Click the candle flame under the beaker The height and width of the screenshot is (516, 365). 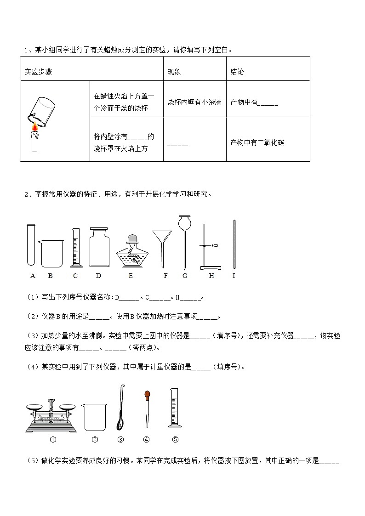pos(34,127)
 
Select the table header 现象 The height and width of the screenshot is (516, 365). pos(174,72)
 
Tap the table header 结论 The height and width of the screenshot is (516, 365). pos(237,72)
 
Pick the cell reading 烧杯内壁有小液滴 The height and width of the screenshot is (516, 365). pos(194,102)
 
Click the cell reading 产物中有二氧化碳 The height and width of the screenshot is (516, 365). pos(257,142)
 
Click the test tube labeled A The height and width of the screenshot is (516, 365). pos(31,244)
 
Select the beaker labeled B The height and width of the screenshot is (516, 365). pos(50,253)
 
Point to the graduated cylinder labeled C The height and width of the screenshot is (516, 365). pos(76,248)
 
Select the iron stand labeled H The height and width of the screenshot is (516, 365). pos(210,248)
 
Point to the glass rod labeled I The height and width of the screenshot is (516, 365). pos(234,244)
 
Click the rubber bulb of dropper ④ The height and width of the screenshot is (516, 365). pos(147,394)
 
